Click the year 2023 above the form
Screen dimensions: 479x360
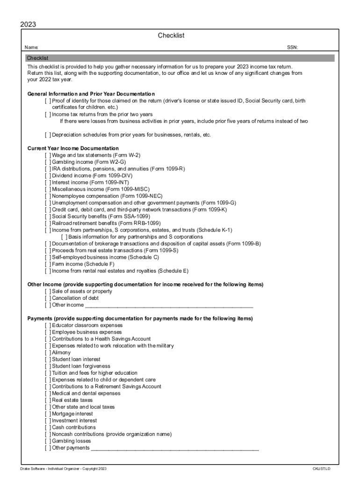[x=29, y=24]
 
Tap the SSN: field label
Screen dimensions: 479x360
[x=292, y=47]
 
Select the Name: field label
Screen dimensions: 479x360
[x=31, y=47]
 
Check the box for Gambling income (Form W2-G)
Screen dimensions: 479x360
[x=48, y=162]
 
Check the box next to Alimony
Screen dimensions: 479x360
[x=48, y=353]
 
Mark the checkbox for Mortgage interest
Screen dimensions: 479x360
[x=48, y=414]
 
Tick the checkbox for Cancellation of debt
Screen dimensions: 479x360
[x=48, y=298]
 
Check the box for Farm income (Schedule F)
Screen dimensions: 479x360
[x=48, y=264]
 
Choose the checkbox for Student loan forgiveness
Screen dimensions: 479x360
[x=48, y=366]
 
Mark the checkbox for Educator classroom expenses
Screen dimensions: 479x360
[x=48, y=326]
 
